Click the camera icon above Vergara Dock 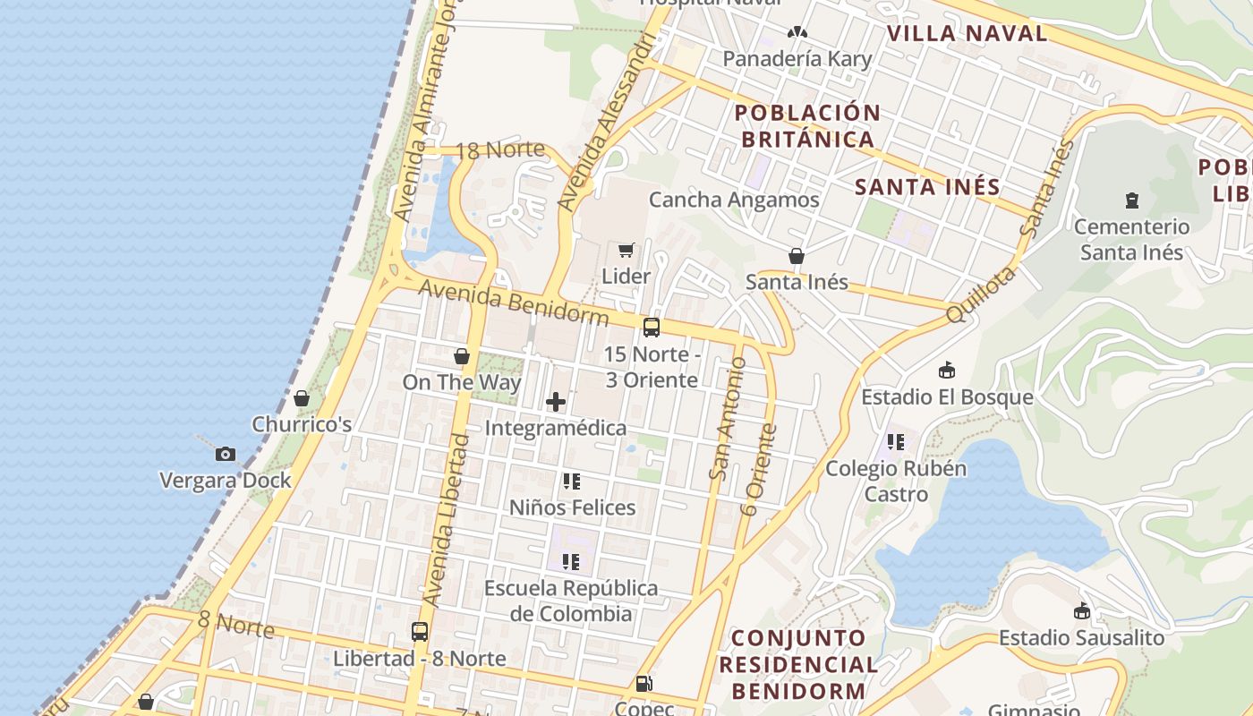226,454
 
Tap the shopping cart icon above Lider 626,250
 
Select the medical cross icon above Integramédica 556,402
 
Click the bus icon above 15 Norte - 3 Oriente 652,328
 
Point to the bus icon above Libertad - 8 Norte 420,632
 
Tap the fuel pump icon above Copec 644,684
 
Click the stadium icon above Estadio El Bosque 947,370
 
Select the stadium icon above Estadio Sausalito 1082,611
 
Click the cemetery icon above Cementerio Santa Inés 1132,200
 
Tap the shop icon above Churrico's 302,397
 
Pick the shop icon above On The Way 462,356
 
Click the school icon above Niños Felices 572,482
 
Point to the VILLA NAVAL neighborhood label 967,34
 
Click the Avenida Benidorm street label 513,303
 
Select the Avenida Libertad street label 446,519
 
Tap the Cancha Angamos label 734,200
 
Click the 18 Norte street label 500,149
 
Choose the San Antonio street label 727,418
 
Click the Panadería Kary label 797,59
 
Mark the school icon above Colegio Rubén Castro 896,441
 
